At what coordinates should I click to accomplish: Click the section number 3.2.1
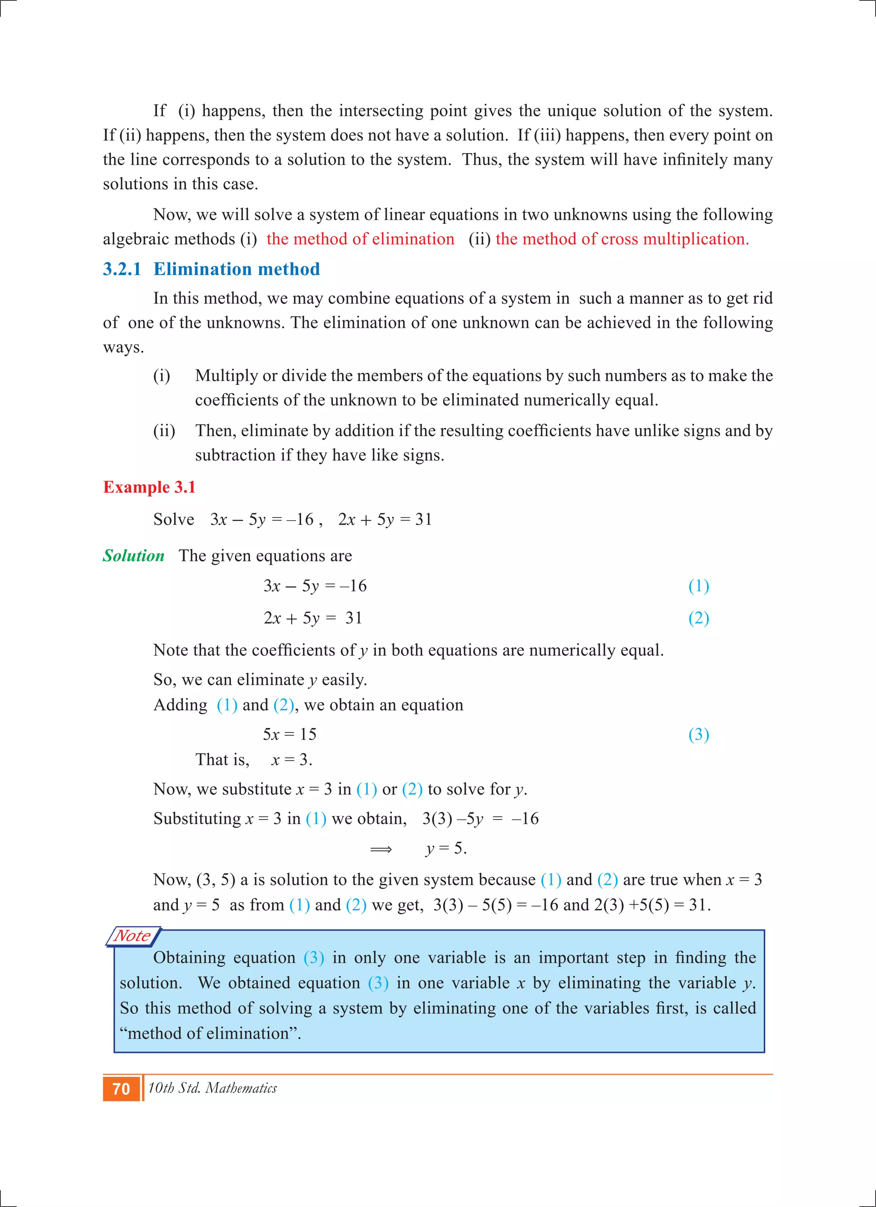122,269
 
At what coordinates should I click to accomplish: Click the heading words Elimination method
236,269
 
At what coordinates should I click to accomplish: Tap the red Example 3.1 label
149,487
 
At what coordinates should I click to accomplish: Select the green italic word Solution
133,556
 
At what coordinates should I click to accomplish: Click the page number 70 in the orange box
121,1089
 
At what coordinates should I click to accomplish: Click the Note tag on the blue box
133,936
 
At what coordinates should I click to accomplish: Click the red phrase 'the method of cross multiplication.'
621,239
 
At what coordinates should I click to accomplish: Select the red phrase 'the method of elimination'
360,239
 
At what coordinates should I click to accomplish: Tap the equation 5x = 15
290,734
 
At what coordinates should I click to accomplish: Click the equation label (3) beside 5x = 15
698,734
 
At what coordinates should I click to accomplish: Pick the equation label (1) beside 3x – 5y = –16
698,586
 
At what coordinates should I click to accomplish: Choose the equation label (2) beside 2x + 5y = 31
698,618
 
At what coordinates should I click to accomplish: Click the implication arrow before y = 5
381,849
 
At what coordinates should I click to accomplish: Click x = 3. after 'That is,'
292,760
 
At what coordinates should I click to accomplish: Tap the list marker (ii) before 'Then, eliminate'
164,431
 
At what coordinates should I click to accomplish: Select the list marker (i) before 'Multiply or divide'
162,376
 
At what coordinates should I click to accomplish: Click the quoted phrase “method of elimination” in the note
210,1033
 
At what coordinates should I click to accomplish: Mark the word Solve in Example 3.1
174,519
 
